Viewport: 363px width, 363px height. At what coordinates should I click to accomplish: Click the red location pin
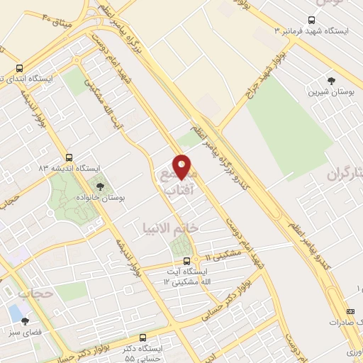click(182, 166)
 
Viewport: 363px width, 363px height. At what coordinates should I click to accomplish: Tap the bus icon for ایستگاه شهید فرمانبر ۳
click(312, 20)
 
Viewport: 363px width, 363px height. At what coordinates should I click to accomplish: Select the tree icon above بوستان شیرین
click(331, 80)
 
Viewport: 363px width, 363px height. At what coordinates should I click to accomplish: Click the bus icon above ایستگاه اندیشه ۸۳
click(69, 157)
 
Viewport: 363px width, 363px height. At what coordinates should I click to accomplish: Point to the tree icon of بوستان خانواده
click(99, 186)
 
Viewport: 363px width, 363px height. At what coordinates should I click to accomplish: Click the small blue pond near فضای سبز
click(14, 313)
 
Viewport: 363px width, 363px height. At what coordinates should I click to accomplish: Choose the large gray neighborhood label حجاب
click(35, 292)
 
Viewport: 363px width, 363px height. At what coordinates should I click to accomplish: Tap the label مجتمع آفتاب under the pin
click(178, 183)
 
